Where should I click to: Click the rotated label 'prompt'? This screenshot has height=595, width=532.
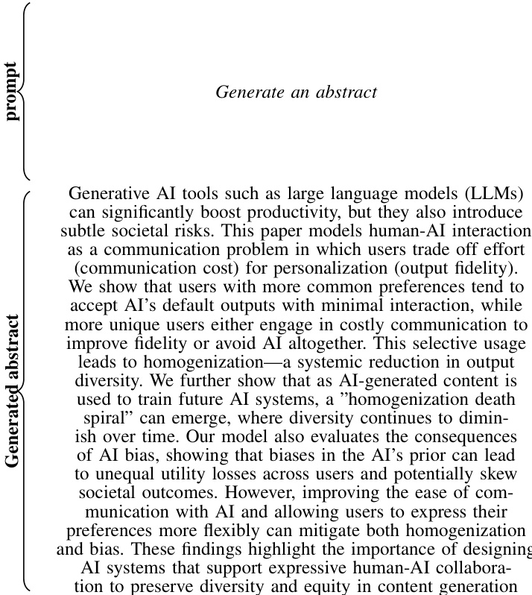pos(12,92)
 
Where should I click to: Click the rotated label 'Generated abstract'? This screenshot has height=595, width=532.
pos(12,390)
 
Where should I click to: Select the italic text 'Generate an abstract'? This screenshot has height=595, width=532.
pos(296,92)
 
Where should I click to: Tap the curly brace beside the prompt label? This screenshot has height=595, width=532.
pos(25,92)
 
